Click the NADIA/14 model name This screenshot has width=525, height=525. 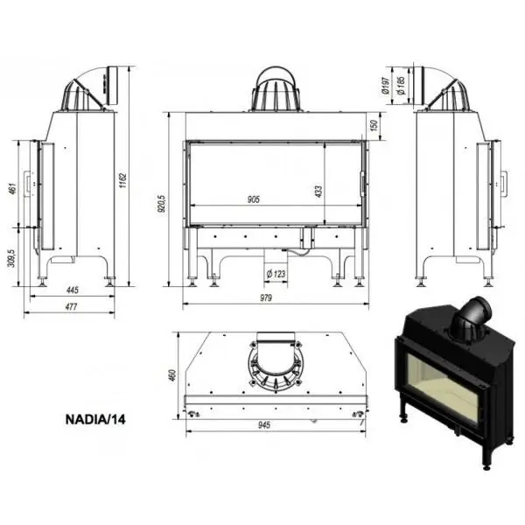click(x=95, y=419)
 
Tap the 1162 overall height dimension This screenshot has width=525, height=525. click(x=122, y=180)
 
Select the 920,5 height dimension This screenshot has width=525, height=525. click(x=161, y=204)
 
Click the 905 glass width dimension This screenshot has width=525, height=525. click(x=254, y=199)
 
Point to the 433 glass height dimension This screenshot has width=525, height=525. click(x=318, y=192)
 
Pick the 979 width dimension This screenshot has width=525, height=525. click(x=266, y=297)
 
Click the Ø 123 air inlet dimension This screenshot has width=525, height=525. click(x=276, y=274)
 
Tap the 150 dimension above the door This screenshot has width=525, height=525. click(x=374, y=125)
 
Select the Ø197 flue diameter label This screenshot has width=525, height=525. click(x=385, y=86)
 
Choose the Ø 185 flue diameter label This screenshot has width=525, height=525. click(x=401, y=86)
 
